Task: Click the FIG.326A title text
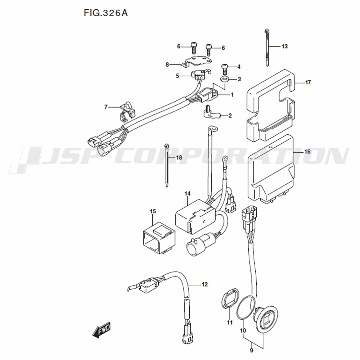click(105, 13)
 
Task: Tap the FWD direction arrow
click(102, 330)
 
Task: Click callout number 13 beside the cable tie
click(284, 46)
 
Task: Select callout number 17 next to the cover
click(308, 82)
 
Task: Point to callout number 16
click(307, 152)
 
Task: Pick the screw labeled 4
click(224, 69)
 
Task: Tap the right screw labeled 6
click(209, 49)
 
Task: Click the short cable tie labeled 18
click(167, 165)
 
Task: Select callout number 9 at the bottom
click(251, 350)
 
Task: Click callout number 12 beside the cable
click(204, 284)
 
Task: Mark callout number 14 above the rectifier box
click(187, 194)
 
